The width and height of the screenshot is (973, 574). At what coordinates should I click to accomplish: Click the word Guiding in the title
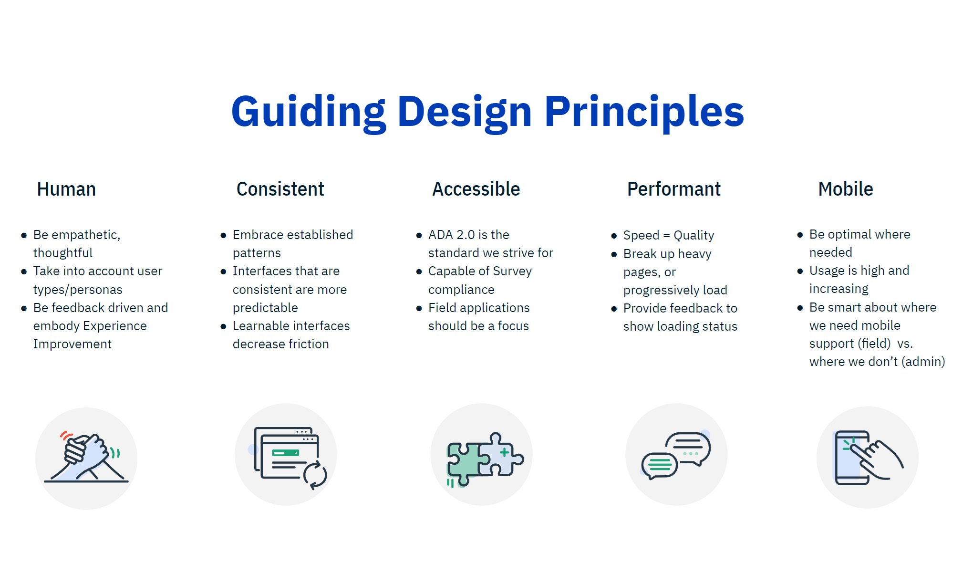308,113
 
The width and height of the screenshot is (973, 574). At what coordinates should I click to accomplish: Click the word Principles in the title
644,113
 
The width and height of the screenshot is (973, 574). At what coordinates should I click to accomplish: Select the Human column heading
66,189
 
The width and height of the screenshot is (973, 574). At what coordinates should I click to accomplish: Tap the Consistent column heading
280,189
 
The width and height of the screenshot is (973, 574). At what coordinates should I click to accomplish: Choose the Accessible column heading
476,189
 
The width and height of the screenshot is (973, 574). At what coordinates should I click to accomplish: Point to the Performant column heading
673,189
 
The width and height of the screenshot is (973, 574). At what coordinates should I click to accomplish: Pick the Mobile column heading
846,189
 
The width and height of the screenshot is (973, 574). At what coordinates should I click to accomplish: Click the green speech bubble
660,465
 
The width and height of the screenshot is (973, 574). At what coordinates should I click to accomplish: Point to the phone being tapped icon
869,458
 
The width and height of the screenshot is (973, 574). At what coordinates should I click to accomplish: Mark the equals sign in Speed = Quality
666,235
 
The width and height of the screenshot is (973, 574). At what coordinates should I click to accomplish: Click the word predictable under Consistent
265,308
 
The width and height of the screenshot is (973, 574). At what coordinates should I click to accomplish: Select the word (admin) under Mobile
923,362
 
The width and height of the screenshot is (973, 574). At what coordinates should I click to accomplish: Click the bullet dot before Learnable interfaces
223,326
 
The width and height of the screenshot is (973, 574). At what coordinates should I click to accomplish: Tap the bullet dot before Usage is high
800,271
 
